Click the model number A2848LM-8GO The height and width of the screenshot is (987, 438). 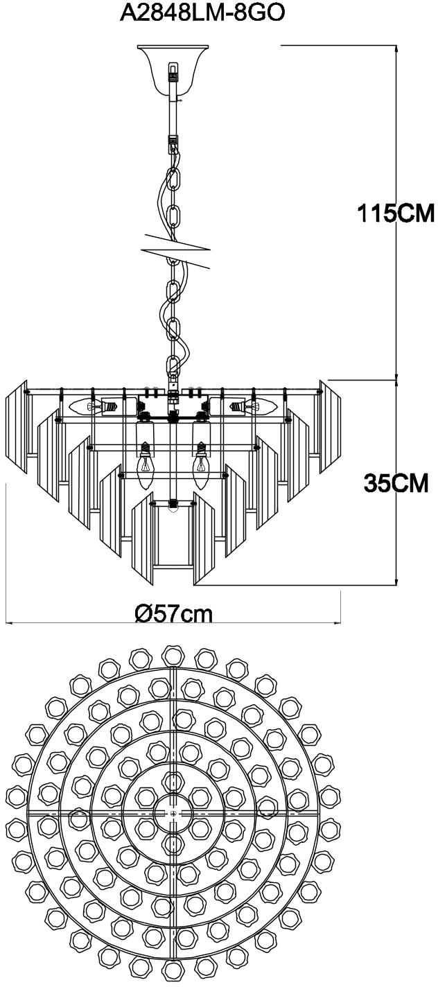(202, 15)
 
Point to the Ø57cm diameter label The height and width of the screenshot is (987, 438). (174, 613)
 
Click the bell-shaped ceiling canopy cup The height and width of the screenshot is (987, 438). (173, 69)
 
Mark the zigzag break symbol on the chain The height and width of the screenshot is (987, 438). (176, 250)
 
